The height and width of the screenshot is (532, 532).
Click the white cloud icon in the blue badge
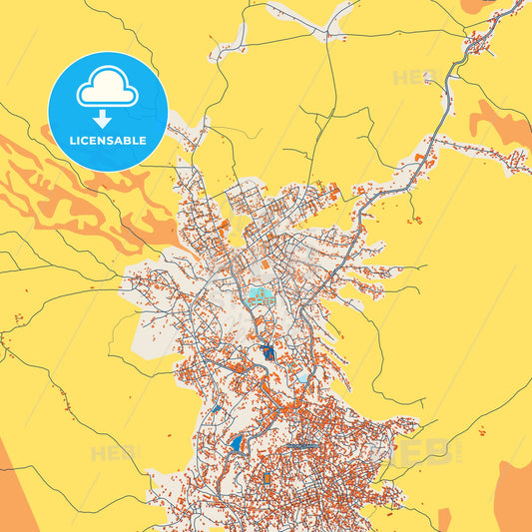pos(108,91)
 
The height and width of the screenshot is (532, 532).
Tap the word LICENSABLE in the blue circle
pos(108,141)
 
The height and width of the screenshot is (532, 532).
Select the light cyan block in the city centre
pos(262,295)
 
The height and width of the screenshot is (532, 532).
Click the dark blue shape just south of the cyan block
pos(269,351)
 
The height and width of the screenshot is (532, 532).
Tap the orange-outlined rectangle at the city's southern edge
pos(267,480)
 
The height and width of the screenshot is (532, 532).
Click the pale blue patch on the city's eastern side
pos(303,377)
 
